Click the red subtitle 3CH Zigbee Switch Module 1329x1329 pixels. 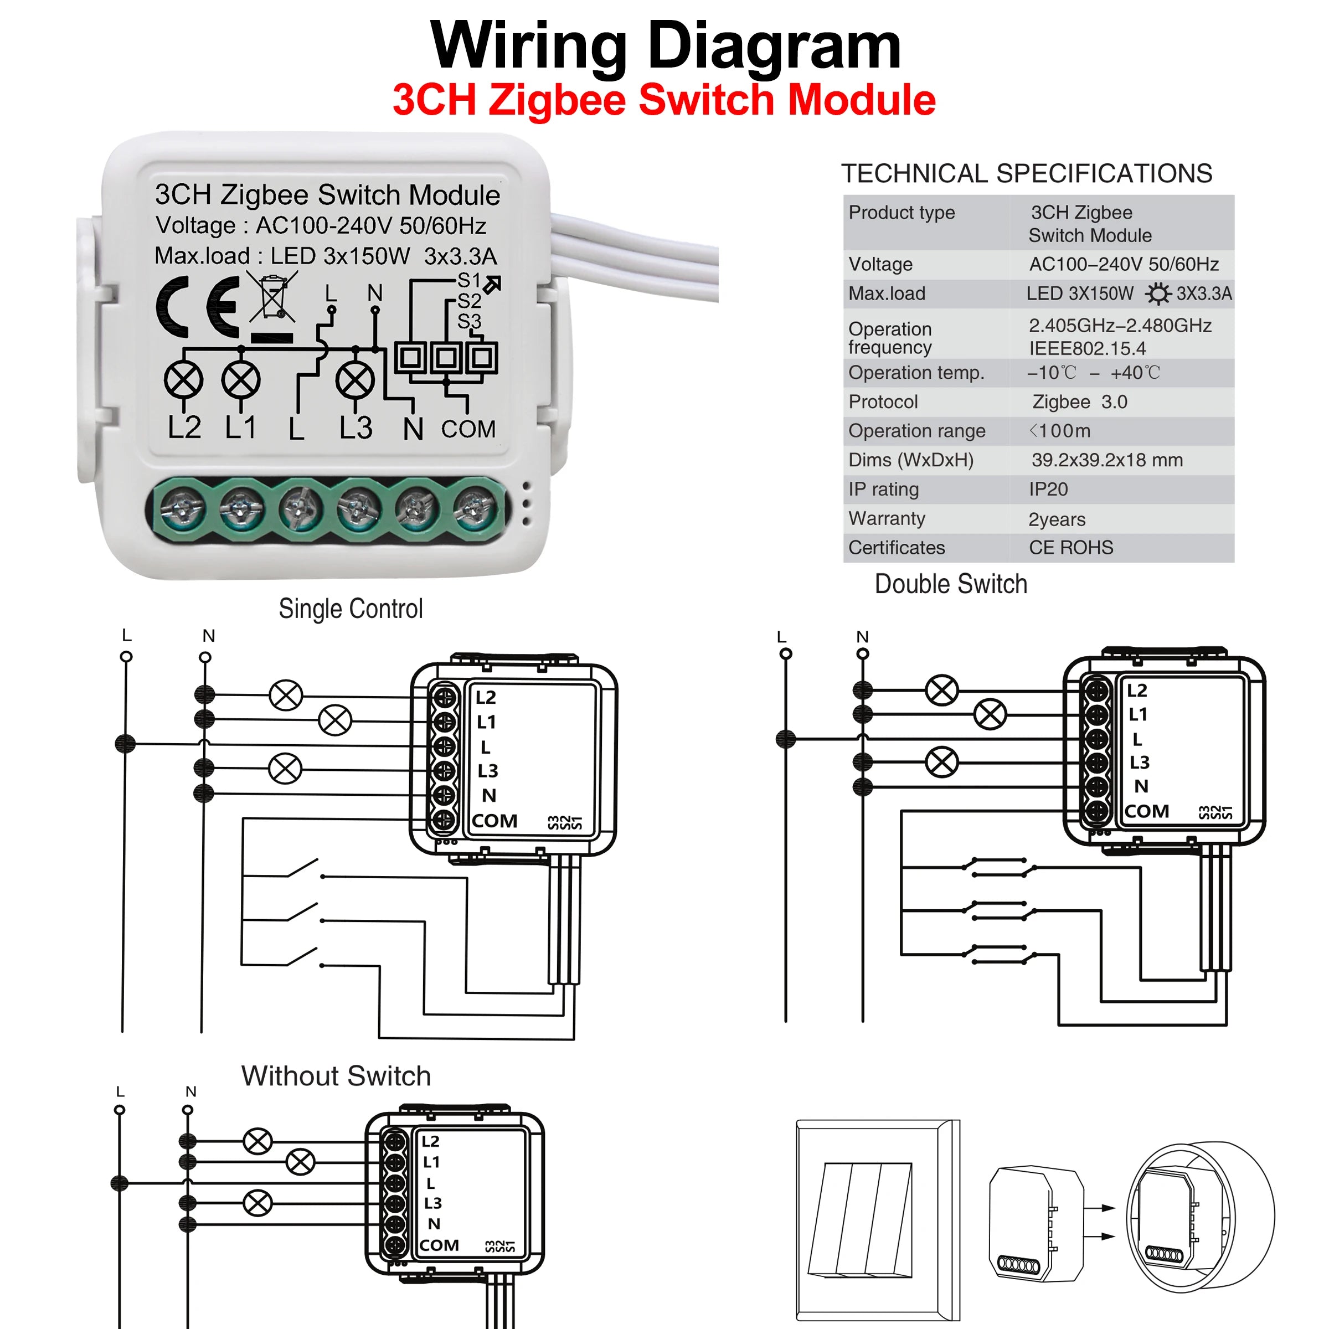pos(664,100)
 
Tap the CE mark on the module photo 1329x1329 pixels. pos(198,307)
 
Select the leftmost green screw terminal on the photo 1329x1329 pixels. pos(182,509)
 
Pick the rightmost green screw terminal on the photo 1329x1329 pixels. pos(473,509)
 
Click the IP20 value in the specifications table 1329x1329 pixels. pos(1048,489)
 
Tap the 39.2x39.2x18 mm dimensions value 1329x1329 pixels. pos(1107,460)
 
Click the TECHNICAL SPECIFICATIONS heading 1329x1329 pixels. pos(1026,173)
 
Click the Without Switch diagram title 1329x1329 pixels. pos(336,1076)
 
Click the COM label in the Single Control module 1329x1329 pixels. pos(494,821)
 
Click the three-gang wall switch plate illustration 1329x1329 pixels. pos(877,1221)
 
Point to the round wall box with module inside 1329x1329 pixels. pos(1201,1218)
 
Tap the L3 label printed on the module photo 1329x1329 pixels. pos(356,428)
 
